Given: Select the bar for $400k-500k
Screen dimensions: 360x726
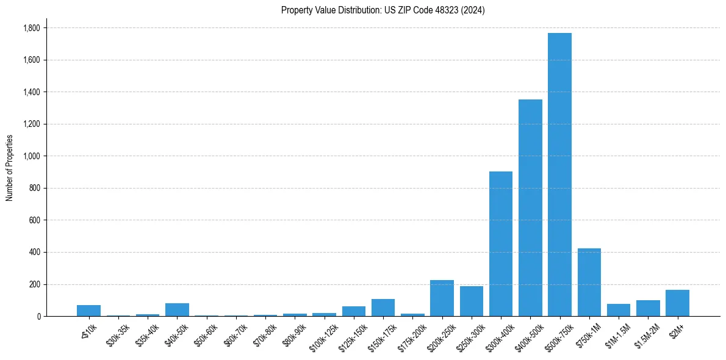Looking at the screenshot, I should pyautogui.click(x=530, y=207).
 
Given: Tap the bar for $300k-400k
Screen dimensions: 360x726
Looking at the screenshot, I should pyautogui.click(x=501, y=243).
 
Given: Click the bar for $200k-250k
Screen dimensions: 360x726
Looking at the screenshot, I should pyautogui.click(x=442, y=298).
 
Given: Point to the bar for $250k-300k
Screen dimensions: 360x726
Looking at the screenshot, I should pyautogui.click(x=472, y=301).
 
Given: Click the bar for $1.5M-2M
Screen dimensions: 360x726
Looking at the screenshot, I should pyautogui.click(x=648, y=308).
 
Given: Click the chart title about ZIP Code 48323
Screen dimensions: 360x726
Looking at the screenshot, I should pyautogui.click(x=383, y=10).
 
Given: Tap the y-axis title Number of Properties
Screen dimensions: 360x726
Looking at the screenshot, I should pyautogui.click(x=10, y=168).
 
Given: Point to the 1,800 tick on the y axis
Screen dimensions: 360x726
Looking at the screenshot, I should pyautogui.click(x=32, y=28).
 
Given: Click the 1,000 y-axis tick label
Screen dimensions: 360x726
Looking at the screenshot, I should pyautogui.click(x=32, y=156).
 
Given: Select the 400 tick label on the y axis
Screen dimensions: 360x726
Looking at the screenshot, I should pyautogui.click(x=35, y=252).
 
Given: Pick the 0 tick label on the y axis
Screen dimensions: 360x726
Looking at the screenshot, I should pyautogui.click(x=38, y=316).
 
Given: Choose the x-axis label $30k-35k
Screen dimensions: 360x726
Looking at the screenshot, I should pyautogui.click(x=118, y=333).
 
